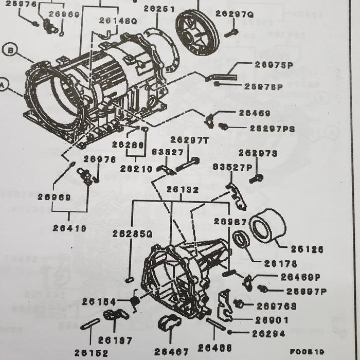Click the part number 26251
(x=159, y=9)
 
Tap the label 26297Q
(x=235, y=14)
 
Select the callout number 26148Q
(x=119, y=21)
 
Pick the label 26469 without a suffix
(x=254, y=113)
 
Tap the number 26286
(x=128, y=145)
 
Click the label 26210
(x=136, y=168)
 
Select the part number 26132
(x=182, y=190)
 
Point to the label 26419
(x=69, y=227)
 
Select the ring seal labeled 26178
(x=241, y=240)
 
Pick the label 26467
(x=172, y=351)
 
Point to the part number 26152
(x=91, y=353)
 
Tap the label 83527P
(x=229, y=167)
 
